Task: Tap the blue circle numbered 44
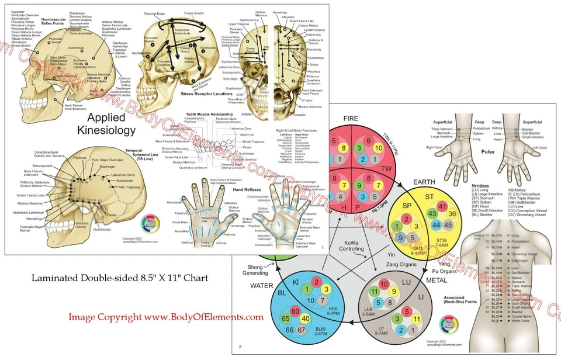(435, 225)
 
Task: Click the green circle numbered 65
(286, 320)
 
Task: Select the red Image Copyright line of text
(165, 317)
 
